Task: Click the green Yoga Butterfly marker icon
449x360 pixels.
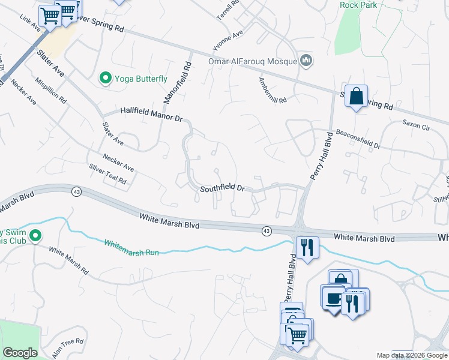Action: click(x=106, y=78)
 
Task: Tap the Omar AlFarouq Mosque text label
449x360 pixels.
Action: click(x=252, y=61)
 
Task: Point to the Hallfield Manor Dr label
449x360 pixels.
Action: click(x=151, y=114)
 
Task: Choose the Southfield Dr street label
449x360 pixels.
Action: click(x=222, y=188)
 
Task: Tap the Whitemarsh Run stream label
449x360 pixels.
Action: click(x=131, y=248)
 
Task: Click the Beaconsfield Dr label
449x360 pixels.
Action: click(x=358, y=139)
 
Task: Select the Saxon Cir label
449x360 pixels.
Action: click(x=415, y=127)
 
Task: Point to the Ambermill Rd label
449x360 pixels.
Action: click(x=273, y=90)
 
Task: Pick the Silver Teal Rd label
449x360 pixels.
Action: click(x=107, y=174)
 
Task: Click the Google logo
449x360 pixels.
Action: click(x=20, y=353)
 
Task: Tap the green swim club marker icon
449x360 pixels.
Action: click(x=35, y=236)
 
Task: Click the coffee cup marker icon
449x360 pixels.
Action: click(x=332, y=297)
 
